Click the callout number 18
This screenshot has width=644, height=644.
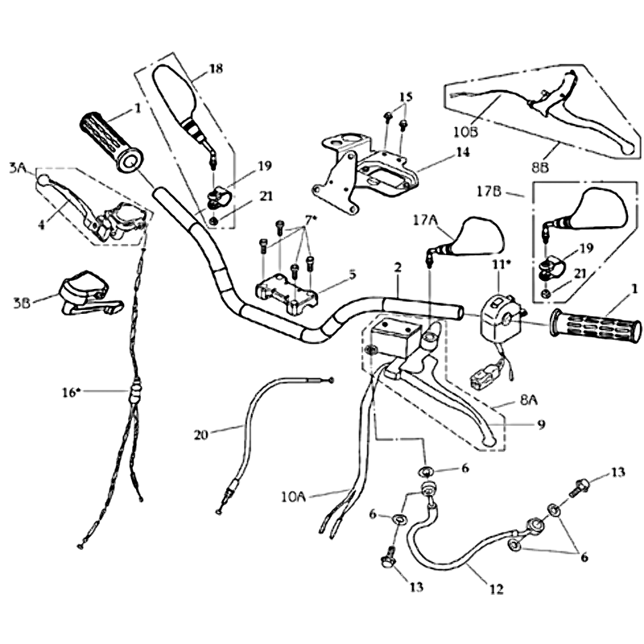[215, 69]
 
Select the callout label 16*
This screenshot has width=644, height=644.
[72, 392]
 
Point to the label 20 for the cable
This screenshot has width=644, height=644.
[202, 435]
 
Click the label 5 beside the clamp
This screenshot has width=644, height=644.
[352, 273]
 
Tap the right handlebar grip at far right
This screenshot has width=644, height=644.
[596, 328]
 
